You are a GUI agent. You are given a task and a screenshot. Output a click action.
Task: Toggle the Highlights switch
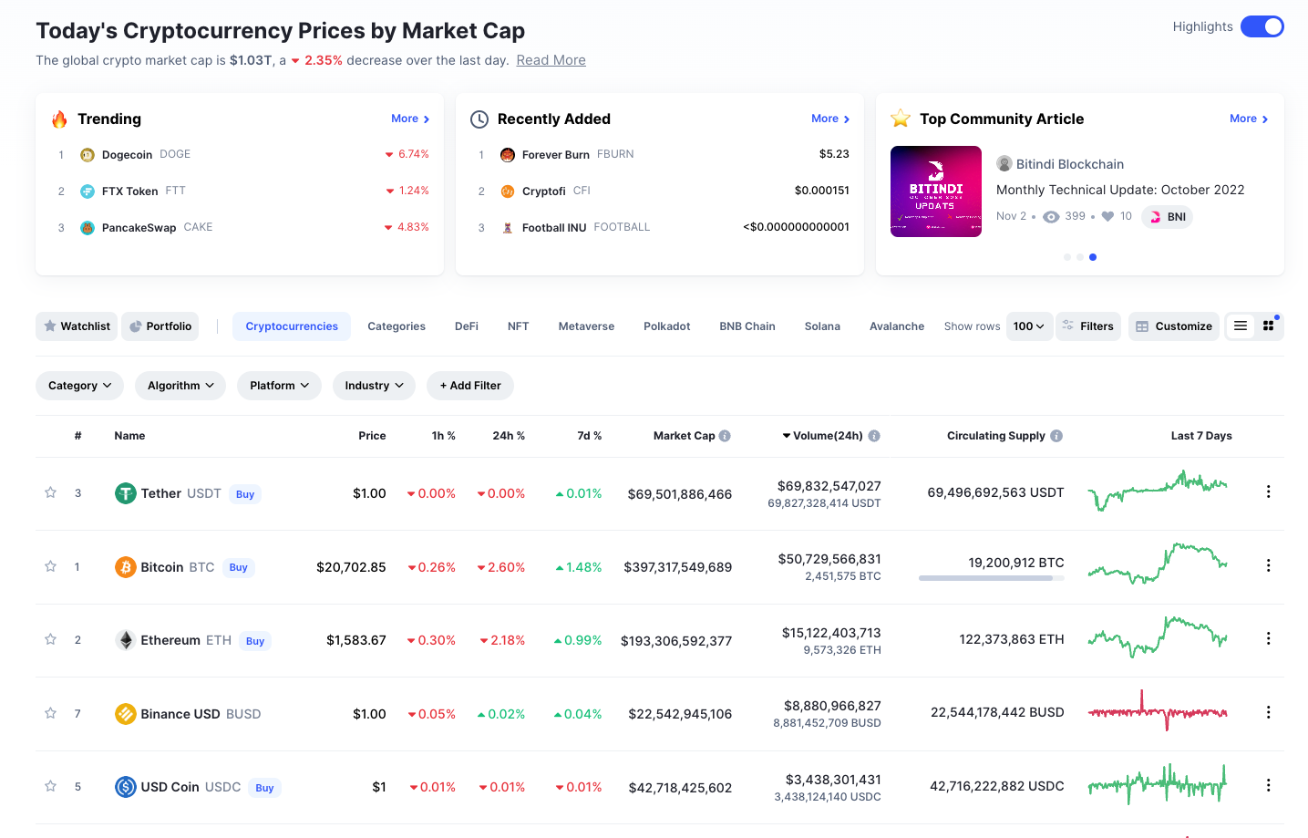click(1262, 26)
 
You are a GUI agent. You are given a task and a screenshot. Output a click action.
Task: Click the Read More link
click(551, 60)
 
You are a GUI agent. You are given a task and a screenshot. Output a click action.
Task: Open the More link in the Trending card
click(409, 119)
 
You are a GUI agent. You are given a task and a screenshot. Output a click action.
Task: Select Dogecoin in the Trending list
click(127, 155)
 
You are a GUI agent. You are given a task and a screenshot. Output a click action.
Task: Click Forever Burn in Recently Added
click(555, 155)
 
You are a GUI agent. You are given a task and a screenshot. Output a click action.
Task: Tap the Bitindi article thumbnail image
click(935, 191)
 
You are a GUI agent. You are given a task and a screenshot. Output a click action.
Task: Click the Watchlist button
click(77, 326)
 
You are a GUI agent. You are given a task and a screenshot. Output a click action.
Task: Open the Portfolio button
click(160, 326)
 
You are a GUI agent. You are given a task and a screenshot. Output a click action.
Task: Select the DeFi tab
click(467, 326)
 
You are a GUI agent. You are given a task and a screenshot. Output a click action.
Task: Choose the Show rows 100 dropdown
click(1029, 326)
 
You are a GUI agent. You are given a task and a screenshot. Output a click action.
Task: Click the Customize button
click(1174, 326)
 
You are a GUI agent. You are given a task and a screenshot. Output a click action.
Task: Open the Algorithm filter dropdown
click(180, 386)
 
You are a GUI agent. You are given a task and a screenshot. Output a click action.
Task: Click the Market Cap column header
click(684, 436)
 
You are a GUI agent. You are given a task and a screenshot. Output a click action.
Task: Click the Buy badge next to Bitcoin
click(239, 567)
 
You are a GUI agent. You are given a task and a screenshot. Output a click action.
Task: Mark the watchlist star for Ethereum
click(51, 639)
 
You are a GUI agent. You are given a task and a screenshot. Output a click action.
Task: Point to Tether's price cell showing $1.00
click(369, 493)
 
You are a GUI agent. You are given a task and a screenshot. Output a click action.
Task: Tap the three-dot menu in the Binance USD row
click(1268, 712)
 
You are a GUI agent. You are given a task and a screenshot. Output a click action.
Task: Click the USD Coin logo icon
click(126, 786)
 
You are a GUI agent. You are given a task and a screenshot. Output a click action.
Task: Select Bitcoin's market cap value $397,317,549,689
click(677, 567)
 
